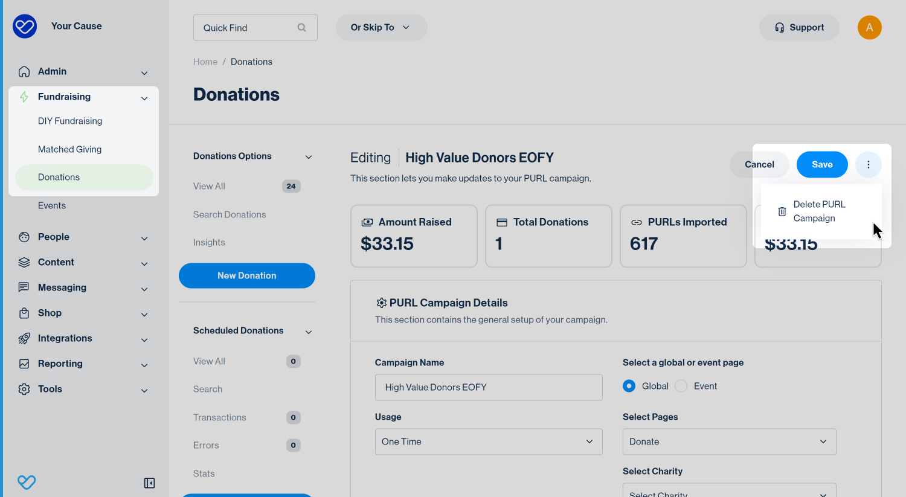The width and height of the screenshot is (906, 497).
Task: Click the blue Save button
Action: pos(822,165)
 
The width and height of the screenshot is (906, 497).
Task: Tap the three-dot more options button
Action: pos(869,165)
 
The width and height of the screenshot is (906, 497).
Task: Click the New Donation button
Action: pos(246,276)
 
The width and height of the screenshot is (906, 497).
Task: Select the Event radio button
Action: pos(681,386)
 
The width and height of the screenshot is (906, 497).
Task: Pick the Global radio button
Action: pos(629,386)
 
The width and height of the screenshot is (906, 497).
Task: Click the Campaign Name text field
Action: pos(489,388)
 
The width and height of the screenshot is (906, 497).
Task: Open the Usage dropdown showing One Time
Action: pos(489,441)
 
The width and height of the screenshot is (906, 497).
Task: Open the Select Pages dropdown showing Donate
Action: pos(729,441)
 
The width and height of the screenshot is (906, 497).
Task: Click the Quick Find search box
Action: pos(255,28)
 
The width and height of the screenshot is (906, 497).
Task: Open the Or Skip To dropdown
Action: pos(381,28)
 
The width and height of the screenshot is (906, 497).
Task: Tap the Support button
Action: pos(799,28)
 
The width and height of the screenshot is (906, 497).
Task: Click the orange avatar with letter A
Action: pos(870,28)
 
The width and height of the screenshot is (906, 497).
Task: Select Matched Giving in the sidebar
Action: pos(69,149)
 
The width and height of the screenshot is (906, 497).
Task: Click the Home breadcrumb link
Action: pos(205,62)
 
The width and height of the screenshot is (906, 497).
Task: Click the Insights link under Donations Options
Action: pos(209,242)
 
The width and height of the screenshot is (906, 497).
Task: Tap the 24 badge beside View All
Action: pos(291,187)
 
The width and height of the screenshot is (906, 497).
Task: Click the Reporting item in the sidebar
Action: pos(60,364)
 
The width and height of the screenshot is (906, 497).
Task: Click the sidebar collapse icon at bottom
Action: pos(149,483)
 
